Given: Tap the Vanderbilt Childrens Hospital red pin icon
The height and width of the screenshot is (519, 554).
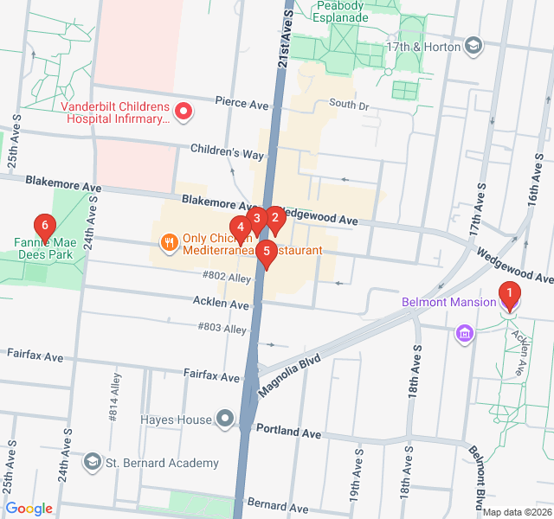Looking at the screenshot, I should pos(184,111).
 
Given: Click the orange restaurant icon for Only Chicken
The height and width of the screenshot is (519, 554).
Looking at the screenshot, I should pos(169,242).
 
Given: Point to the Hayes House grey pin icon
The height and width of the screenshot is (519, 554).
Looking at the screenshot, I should pos(225,420).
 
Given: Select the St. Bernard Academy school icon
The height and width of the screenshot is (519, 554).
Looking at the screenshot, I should pos(92,462).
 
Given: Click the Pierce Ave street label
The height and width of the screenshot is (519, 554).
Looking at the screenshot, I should pos(242,104).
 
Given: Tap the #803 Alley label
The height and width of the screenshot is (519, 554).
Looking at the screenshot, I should pos(222,329).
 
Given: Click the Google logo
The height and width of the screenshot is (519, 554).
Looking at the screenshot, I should pos(29,509).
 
